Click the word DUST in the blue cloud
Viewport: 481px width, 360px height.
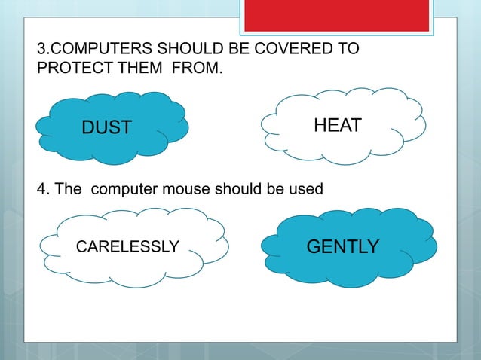pyautogui.click(x=106, y=128)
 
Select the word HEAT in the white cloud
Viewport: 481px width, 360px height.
pyautogui.click(x=338, y=126)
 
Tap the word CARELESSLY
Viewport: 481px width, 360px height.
pyautogui.click(x=128, y=246)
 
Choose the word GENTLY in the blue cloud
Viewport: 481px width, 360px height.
pyautogui.click(x=342, y=246)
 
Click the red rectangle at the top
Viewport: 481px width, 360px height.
pyautogui.click(x=336, y=15)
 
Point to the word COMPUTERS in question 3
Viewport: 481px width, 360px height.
pyautogui.click(x=94, y=50)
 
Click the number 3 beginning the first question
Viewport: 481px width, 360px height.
pyautogui.click(x=41, y=50)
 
